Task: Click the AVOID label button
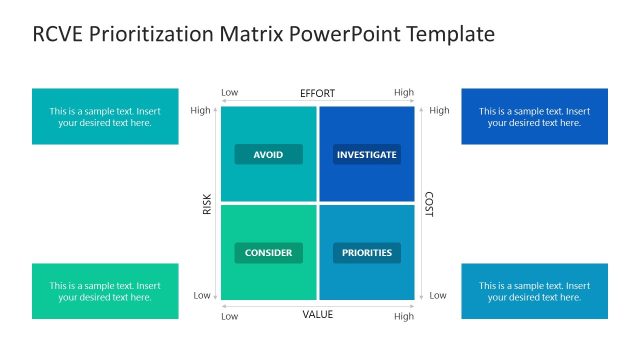[x=268, y=155]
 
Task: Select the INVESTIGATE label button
[x=366, y=155]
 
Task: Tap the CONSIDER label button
[x=268, y=253]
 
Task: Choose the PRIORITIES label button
[x=366, y=253]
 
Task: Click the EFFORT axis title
[x=317, y=93]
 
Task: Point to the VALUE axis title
[x=317, y=315]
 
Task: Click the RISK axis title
[x=207, y=204]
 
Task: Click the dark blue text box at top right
[x=534, y=117]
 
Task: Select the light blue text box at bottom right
[x=534, y=291]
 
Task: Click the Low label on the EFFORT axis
[x=229, y=93]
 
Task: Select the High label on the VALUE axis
[x=404, y=316]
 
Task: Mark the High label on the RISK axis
[x=200, y=110]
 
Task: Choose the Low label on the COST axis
[x=438, y=296]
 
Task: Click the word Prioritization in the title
[x=151, y=35]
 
